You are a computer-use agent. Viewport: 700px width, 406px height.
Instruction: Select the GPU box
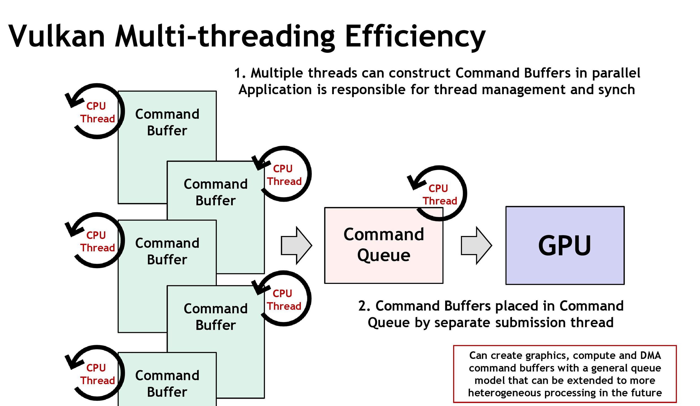pyautogui.click(x=565, y=245)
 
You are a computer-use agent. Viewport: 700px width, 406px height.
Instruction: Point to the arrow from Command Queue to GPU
pyautogui.click(x=476, y=245)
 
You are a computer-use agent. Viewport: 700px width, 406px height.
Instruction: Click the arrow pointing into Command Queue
pyautogui.click(x=296, y=245)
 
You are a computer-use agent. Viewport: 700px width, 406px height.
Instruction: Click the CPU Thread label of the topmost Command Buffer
pyautogui.click(x=97, y=112)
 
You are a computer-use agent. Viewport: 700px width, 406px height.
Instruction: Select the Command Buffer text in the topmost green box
pyautogui.click(x=167, y=122)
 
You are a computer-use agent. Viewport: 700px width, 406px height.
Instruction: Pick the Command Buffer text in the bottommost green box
pyautogui.click(x=167, y=383)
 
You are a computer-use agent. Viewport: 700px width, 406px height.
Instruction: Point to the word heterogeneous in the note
pyautogui.click(x=504, y=393)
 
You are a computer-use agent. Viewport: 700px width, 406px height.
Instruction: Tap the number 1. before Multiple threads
pyautogui.click(x=240, y=73)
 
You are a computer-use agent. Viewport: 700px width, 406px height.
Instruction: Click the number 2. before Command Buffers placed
pyautogui.click(x=364, y=306)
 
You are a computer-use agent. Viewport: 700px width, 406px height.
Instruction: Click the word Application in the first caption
pyautogui.click(x=275, y=90)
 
